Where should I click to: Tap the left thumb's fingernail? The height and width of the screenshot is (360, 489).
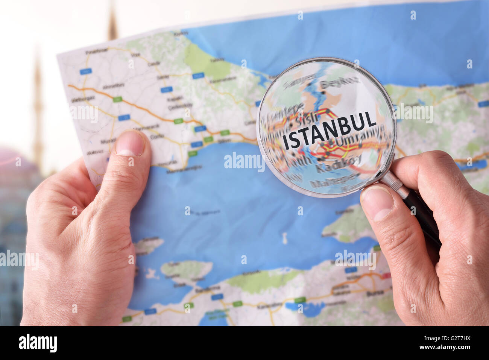click(x=129, y=144)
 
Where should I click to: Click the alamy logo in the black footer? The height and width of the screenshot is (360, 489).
click(x=38, y=343)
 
